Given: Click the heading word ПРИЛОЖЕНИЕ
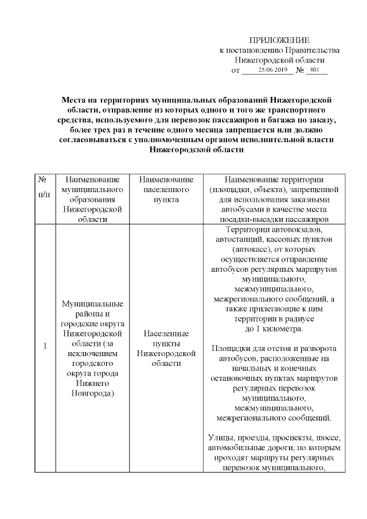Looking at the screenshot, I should (x=279, y=40).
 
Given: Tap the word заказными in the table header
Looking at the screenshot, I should (x=309, y=200).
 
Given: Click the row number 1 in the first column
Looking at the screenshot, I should (x=45, y=346).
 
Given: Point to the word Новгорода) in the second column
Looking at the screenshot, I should (x=91, y=393).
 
